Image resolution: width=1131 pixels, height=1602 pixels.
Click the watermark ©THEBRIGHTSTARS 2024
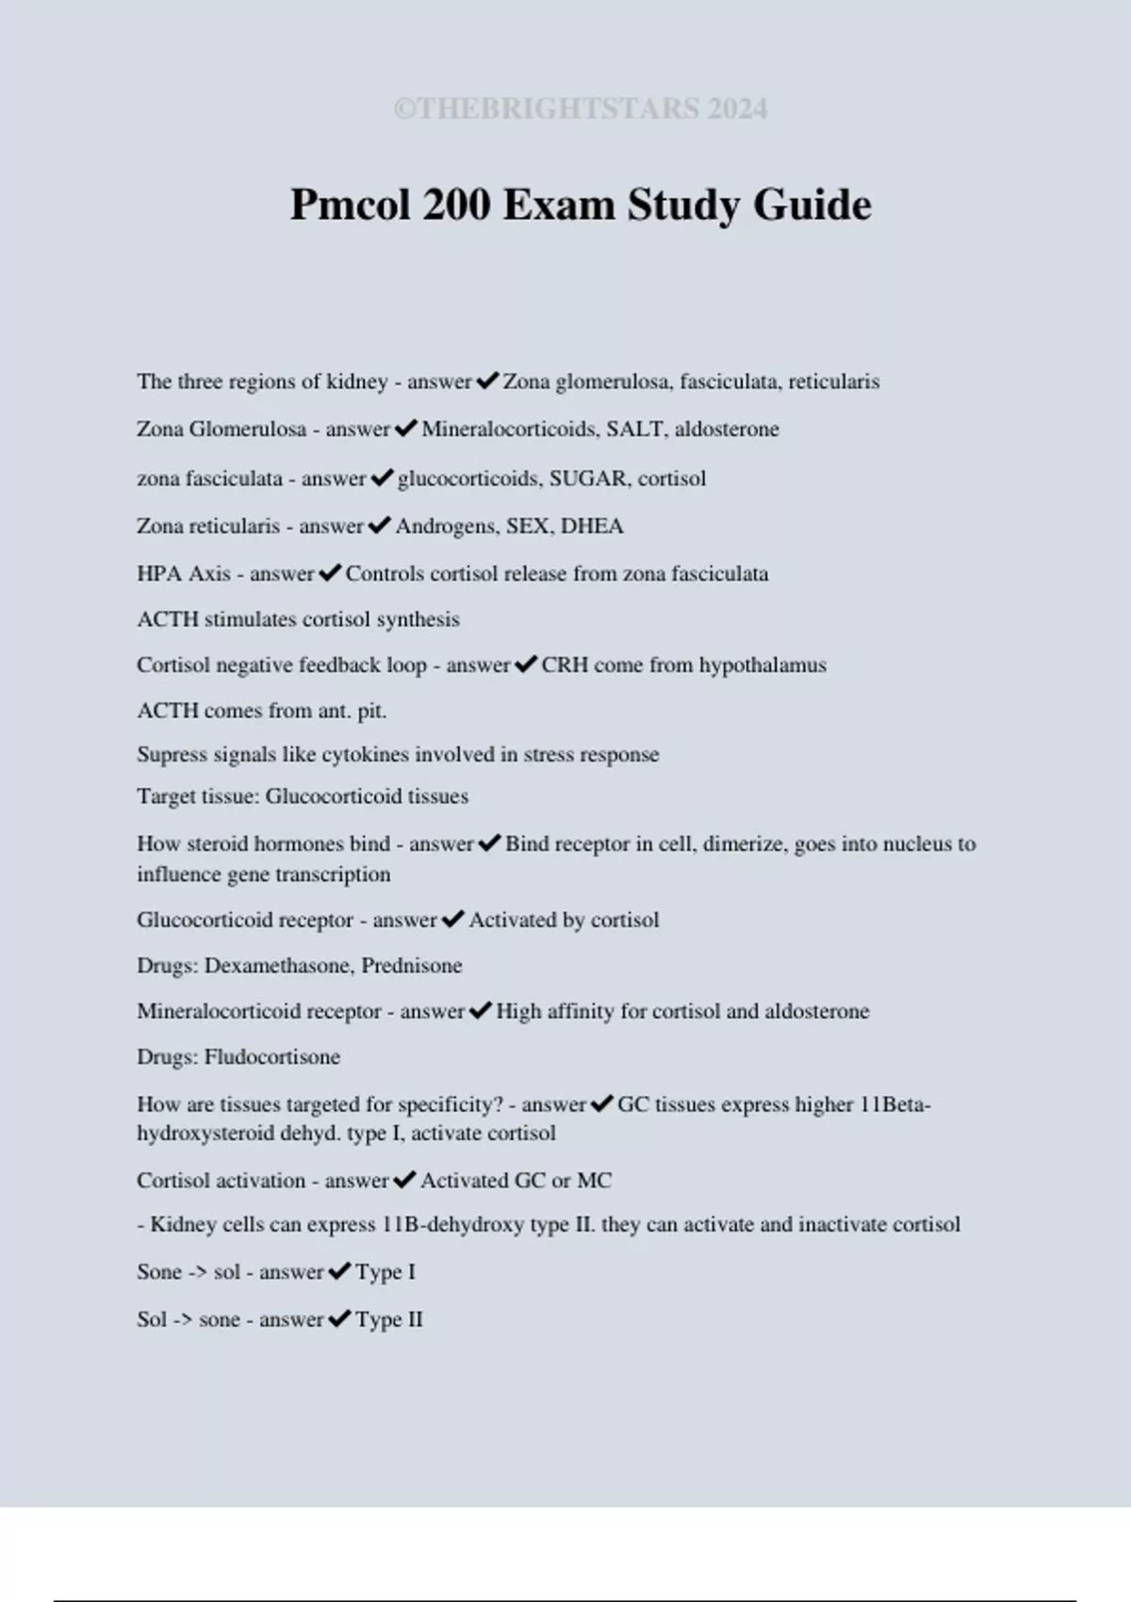581,109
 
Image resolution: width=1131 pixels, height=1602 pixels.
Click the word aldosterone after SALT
727,430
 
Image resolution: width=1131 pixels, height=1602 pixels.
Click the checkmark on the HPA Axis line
330,573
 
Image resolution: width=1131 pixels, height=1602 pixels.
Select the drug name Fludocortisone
272,1057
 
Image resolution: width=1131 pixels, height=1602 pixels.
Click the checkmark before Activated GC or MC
404,1180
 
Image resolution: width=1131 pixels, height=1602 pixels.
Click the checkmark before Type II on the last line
339,1319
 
